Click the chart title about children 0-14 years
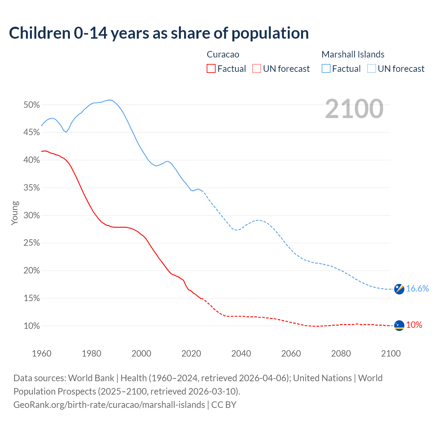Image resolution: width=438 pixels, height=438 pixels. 159,33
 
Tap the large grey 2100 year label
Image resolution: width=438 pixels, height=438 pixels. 354,109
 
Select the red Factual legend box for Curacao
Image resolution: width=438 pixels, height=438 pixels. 211,69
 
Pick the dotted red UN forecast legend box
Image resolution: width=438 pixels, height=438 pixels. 257,69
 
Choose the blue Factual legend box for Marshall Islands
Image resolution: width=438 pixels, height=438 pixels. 326,69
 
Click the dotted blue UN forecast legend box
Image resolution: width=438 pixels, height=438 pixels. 372,69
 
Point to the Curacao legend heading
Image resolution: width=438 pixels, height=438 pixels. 223,54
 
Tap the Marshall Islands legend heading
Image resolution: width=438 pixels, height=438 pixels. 353,54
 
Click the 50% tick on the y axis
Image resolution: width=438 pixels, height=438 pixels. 32,105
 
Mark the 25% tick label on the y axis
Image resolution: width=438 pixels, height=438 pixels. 32,243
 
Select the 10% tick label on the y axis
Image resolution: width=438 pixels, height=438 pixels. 32,326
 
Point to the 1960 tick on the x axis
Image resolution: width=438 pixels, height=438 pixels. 41,353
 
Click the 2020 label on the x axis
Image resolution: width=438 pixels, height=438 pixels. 191,353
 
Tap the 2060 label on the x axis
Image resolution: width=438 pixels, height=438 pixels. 291,353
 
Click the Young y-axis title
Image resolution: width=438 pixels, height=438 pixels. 15,213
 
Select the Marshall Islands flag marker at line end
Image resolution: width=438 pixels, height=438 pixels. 399,289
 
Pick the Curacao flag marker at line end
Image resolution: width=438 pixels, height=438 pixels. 399,325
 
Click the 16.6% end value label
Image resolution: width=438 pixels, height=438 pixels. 417,288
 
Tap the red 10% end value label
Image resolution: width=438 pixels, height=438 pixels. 414,325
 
